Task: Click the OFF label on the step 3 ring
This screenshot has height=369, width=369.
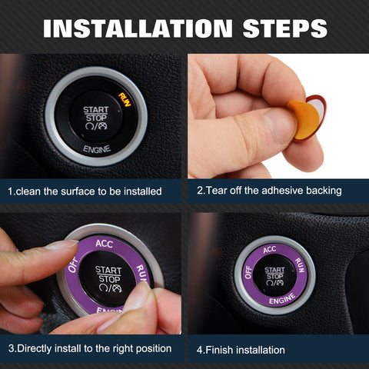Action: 73,265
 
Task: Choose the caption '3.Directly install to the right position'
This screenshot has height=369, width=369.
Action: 90,348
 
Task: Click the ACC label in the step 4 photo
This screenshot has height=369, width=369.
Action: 269,249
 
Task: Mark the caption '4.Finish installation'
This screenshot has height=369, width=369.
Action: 241,350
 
